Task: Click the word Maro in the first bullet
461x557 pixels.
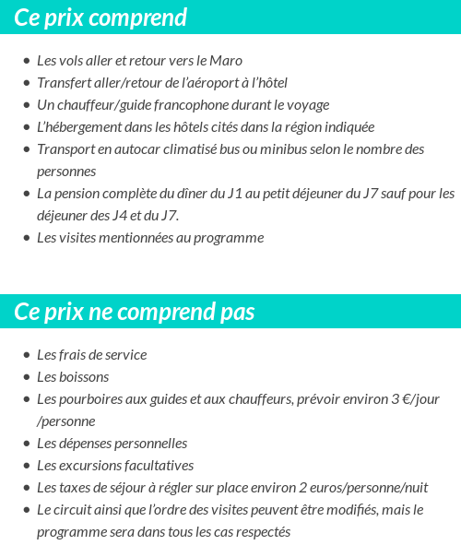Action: (226, 61)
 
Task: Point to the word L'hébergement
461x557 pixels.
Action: (79, 127)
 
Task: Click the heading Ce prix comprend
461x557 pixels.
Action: (100, 18)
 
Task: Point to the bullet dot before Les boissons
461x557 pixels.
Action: (26, 378)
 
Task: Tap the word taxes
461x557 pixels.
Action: (76, 488)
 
